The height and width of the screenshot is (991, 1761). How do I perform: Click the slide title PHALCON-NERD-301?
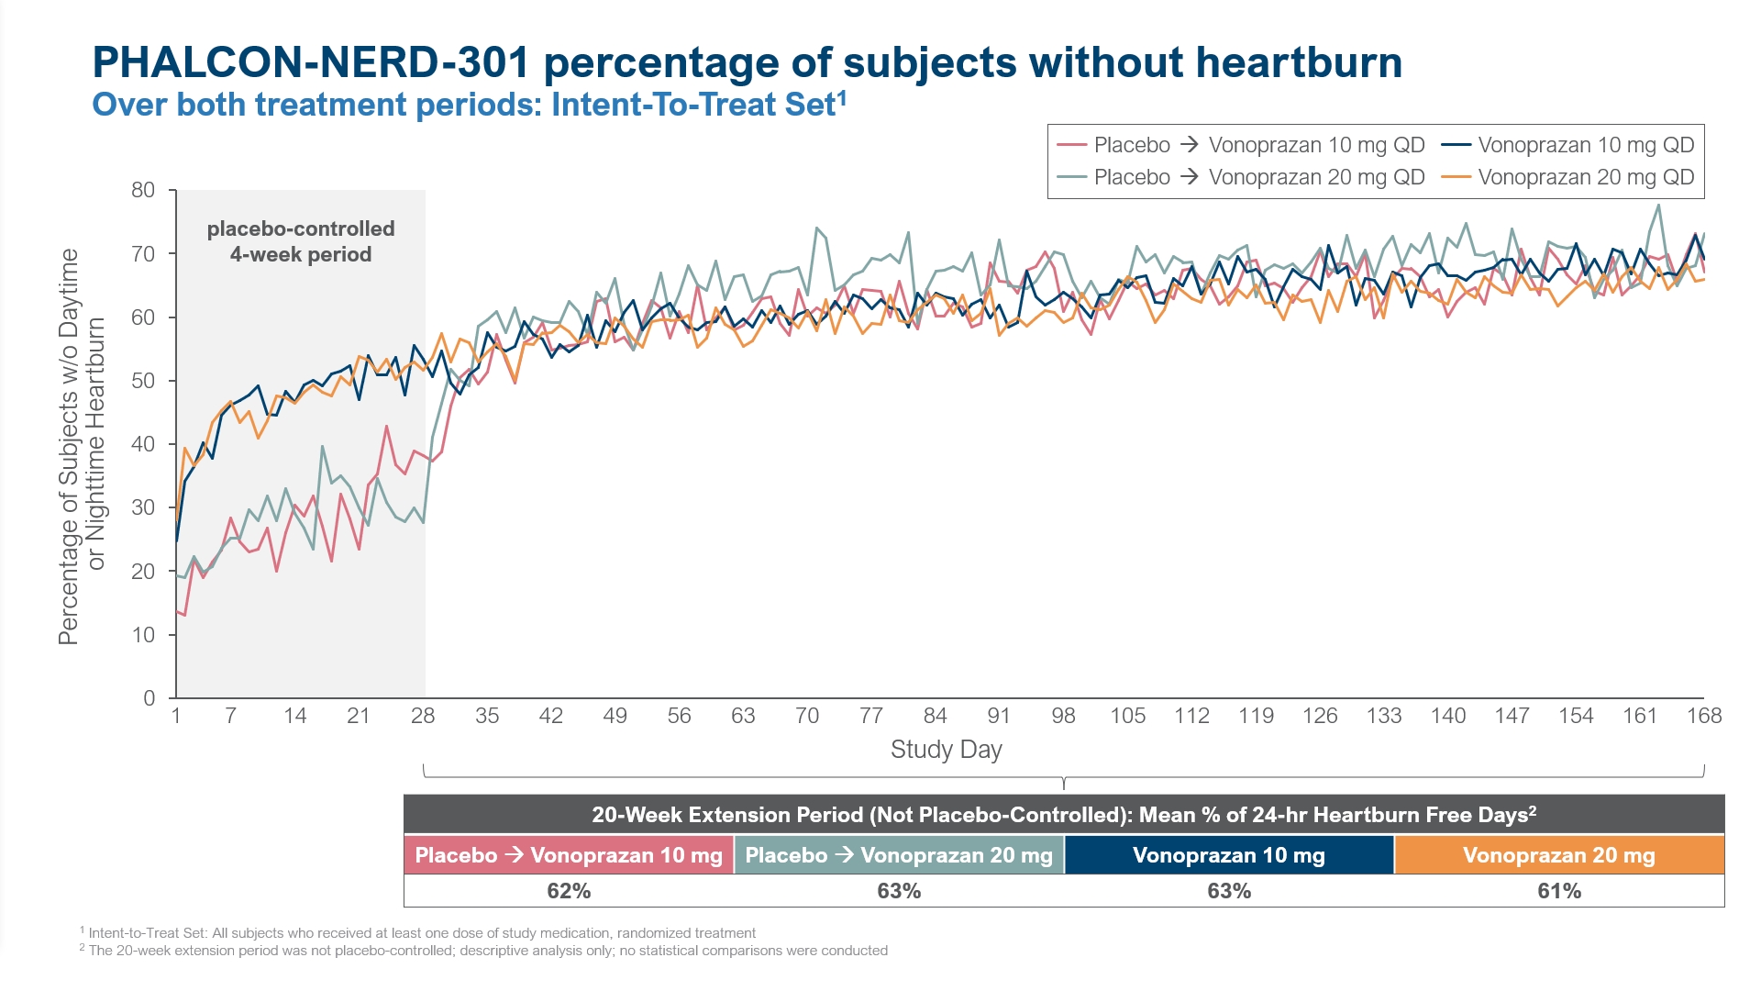click(311, 62)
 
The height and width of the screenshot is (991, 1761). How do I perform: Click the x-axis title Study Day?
click(946, 750)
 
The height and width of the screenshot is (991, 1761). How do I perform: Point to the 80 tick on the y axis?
click(143, 190)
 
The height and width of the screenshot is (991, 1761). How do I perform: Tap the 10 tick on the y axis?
click(143, 635)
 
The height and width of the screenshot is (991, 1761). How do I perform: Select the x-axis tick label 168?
click(1703, 716)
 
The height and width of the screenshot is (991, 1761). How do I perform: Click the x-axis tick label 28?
click(423, 716)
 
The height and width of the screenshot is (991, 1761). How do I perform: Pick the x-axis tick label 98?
click(1063, 716)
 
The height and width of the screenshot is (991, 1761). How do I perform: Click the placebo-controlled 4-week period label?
click(301, 241)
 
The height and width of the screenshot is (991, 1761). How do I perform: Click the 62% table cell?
click(569, 891)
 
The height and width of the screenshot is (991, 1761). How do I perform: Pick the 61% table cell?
click(1559, 891)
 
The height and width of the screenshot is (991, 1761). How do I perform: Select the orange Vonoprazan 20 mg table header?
click(1559, 855)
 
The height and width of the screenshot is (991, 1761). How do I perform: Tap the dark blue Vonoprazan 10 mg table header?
click(1229, 855)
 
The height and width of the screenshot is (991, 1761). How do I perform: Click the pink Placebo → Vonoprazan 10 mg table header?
click(569, 855)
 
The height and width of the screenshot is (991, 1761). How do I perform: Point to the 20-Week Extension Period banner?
click(1064, 815)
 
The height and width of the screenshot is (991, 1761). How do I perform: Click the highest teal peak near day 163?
click(1658, 205)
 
